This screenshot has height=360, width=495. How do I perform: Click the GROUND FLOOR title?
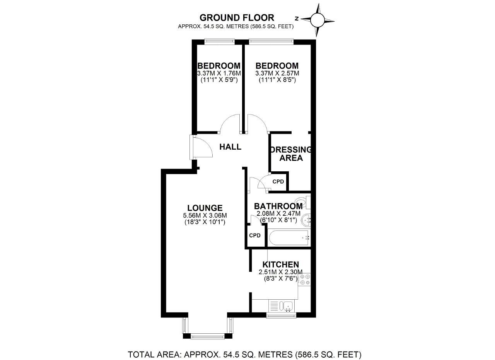point(237,17)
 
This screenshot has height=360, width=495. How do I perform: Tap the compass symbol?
point(317,20)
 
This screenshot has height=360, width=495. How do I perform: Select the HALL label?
point(230,147)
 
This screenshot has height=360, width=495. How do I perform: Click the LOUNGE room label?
point(205,208)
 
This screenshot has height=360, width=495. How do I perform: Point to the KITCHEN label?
point(281,264)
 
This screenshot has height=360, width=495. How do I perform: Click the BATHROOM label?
point(278,206)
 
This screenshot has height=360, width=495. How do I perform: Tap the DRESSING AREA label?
point(291,154)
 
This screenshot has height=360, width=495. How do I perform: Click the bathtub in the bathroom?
point(289,238)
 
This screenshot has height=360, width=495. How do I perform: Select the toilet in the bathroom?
point(303,202)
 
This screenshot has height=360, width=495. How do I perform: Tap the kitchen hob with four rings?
point(304,279)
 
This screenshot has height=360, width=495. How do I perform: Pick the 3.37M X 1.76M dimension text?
point(219,73)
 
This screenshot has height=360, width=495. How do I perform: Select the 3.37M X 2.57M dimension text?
point(277,73)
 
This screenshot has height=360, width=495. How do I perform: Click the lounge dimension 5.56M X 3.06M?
point(205,215)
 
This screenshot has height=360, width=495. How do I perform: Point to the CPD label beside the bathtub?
point(255,235)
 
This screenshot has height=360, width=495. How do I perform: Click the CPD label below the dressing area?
point(278,182)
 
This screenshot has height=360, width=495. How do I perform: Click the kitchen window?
point(281,315)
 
